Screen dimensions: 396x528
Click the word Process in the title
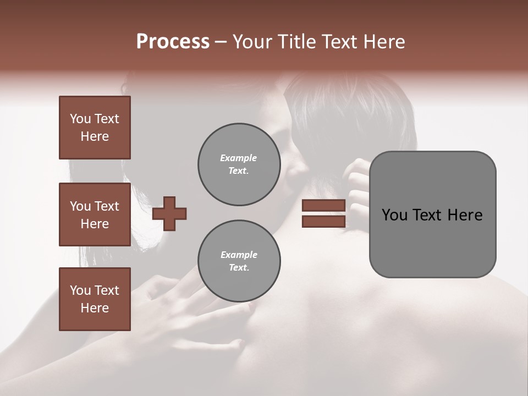173,42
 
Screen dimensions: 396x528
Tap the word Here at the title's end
383,42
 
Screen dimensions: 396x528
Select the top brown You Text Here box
95,128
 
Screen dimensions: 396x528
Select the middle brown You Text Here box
95,215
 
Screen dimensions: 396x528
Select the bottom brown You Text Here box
95,299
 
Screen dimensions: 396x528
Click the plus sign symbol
169,213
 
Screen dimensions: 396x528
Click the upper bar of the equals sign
324,205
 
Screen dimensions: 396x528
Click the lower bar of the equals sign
324,221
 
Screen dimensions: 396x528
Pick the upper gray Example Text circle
239,164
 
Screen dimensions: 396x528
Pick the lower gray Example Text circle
239,261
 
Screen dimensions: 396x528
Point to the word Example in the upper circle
239,158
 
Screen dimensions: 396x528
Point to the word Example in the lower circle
239,255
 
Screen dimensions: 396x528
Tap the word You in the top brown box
80,119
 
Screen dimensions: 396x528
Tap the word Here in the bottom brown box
95,308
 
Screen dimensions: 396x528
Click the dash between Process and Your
221,42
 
